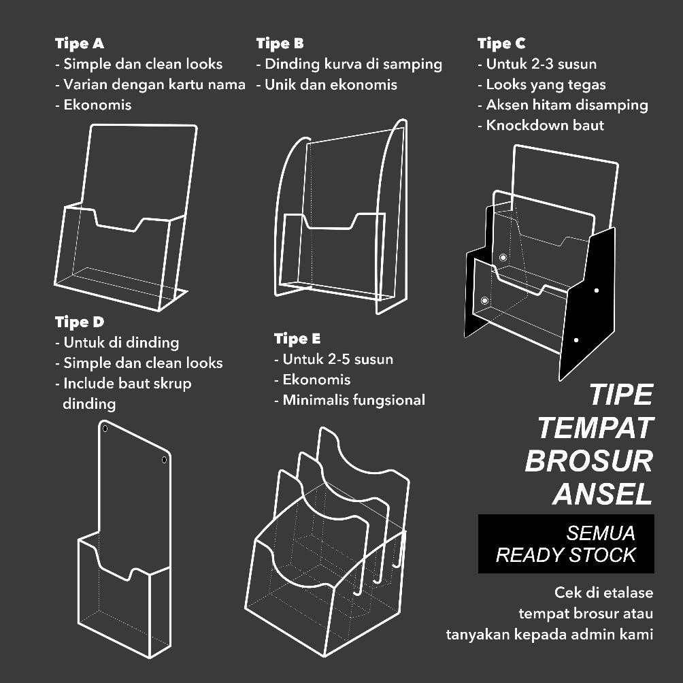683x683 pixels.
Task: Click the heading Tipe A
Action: (x=80, y=44)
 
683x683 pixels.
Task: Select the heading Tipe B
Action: (x=280, y=44)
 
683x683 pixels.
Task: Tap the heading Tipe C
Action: (x=501, y=44)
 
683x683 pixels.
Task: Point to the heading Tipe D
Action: (x=80, y=322)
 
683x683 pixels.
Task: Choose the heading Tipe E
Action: (x=297, y=339)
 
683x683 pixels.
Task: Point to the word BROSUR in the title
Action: (x=588, y=461)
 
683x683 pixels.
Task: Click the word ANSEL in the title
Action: (x=603, y=493)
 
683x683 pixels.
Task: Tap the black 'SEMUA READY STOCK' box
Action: (x=566, y=544)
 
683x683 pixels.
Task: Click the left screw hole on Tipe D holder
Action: (x=105, y=429)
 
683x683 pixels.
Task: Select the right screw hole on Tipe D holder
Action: (x=164, y=460)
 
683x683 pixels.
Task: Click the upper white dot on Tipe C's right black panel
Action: (x=597, y=290)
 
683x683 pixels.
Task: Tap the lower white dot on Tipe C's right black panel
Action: (x=576, y=339)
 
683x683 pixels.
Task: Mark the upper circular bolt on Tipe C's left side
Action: (x=503, y=257)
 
